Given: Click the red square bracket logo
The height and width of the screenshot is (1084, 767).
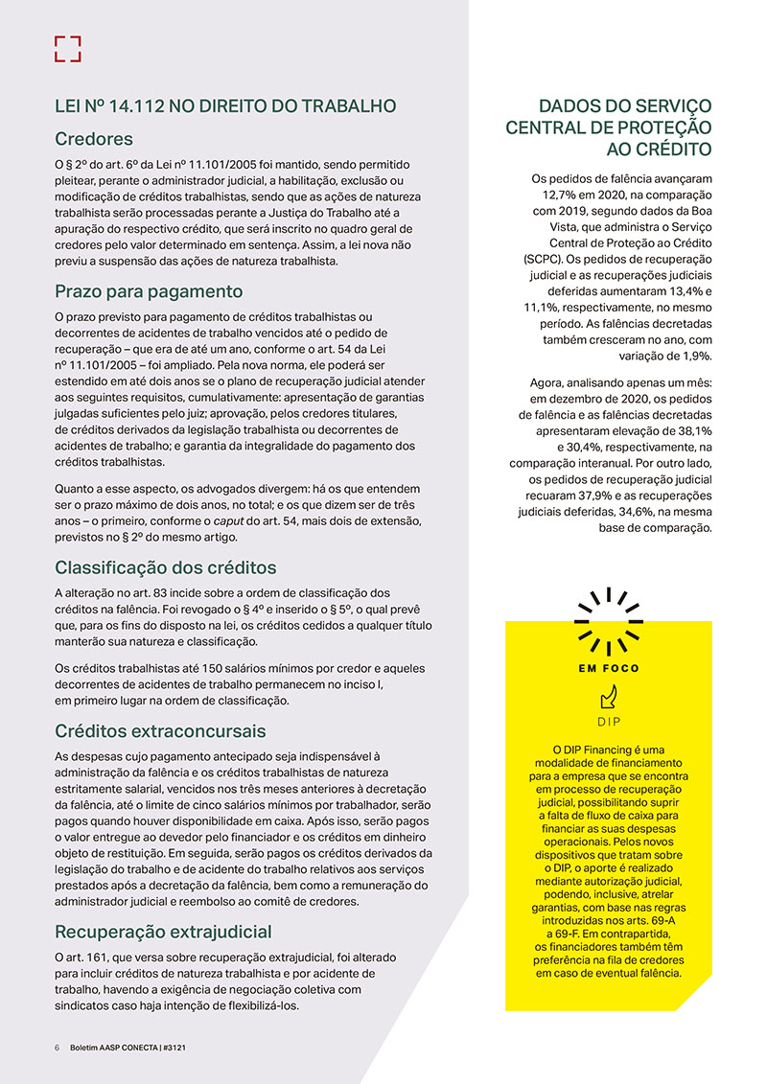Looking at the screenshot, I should coord(67,49).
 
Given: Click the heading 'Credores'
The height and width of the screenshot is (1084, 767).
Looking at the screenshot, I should coord(94,139).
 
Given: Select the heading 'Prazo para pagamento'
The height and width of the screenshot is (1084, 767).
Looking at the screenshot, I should coord(149,291).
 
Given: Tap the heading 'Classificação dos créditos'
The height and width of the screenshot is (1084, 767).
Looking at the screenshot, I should coord(165,566).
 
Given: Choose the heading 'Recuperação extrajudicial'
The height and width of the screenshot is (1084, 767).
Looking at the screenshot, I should coord(163,931).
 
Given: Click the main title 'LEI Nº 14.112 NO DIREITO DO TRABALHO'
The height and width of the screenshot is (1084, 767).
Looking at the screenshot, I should coord(225,106).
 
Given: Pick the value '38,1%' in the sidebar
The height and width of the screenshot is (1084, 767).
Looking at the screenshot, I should coord(687,432).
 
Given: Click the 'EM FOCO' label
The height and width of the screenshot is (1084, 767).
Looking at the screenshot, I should coord(608,668).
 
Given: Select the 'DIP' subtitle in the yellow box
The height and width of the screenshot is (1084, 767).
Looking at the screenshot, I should coord(609,720).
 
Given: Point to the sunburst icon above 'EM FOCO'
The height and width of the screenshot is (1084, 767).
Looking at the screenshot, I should coord(608,621).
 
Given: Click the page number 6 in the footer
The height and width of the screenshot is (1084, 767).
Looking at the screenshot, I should coord(58,1048).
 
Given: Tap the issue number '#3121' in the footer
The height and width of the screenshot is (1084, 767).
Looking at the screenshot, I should coord(173,1048).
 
